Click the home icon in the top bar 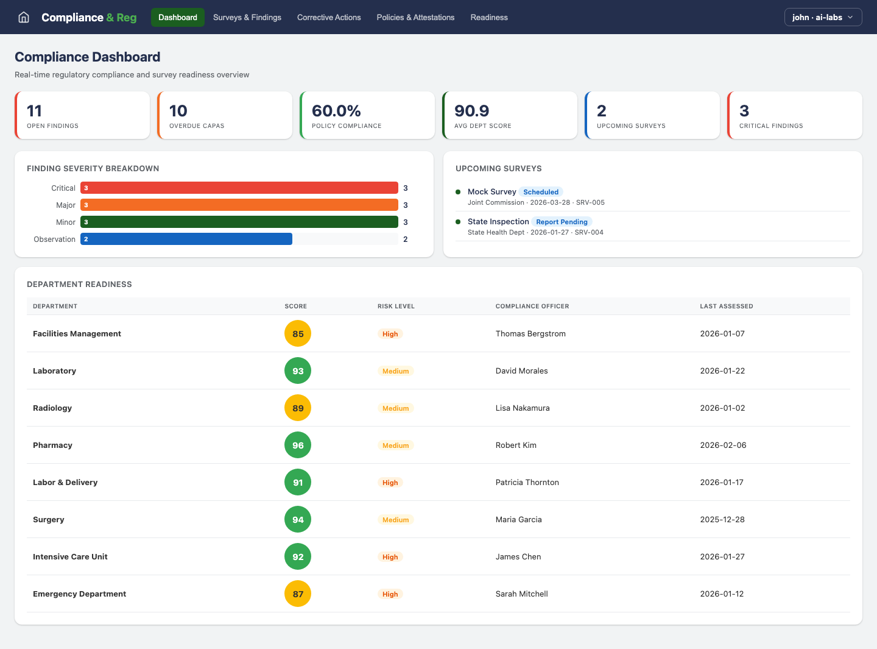coord(24,17)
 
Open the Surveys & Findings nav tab coord(247,17)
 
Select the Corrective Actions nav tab coord(329,17)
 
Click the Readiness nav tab coord(488,17)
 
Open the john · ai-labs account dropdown coord(822,17)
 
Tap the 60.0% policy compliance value coord(336,111)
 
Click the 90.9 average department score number coord(471,111)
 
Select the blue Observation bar coord(186,239)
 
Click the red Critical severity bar coord(239,188)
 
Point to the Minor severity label coord(66,222)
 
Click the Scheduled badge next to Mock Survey coord(540,192)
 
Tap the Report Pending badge coord(562,222)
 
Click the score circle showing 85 coord(298,334)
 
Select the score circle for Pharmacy coord(298,445)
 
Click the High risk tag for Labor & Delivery coord(390,483)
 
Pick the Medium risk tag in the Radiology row coord(395,408)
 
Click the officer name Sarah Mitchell coord(521,594)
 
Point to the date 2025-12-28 coord(722,520)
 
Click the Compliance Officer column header coord(532,307)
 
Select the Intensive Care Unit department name coord(70,557)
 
